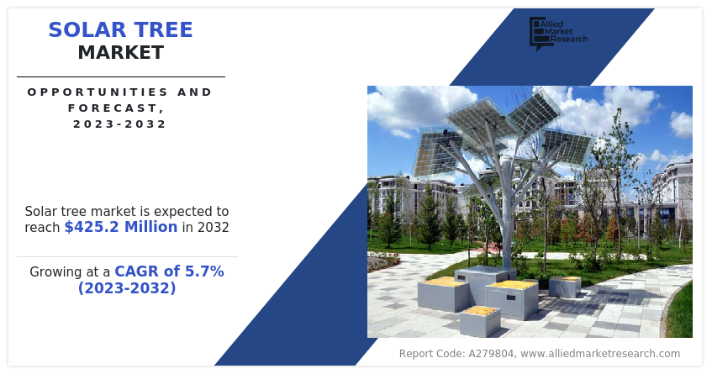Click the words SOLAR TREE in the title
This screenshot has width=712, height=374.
click(x=121, y=30)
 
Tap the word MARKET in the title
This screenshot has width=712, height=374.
click(x=121, y=53)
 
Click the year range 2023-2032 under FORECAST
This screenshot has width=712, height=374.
click(x=120, y=124)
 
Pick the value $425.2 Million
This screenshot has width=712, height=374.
click(x=121, y=227)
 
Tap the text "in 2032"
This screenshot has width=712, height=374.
click(x=206, y=227)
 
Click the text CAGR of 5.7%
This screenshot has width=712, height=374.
click(x=169, y=271)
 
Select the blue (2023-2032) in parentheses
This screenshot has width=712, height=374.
click(x=127, y=288)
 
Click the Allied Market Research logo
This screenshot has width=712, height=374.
click(x=558, y=33)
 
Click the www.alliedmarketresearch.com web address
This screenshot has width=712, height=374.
click(x=600, y=354)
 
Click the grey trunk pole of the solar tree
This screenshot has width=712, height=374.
click(x=507, y=213)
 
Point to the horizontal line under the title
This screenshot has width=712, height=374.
click(x=121, y=76)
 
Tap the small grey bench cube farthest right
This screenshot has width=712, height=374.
click(x=565, y=287)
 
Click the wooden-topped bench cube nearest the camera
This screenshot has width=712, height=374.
click(x=480, y=321)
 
